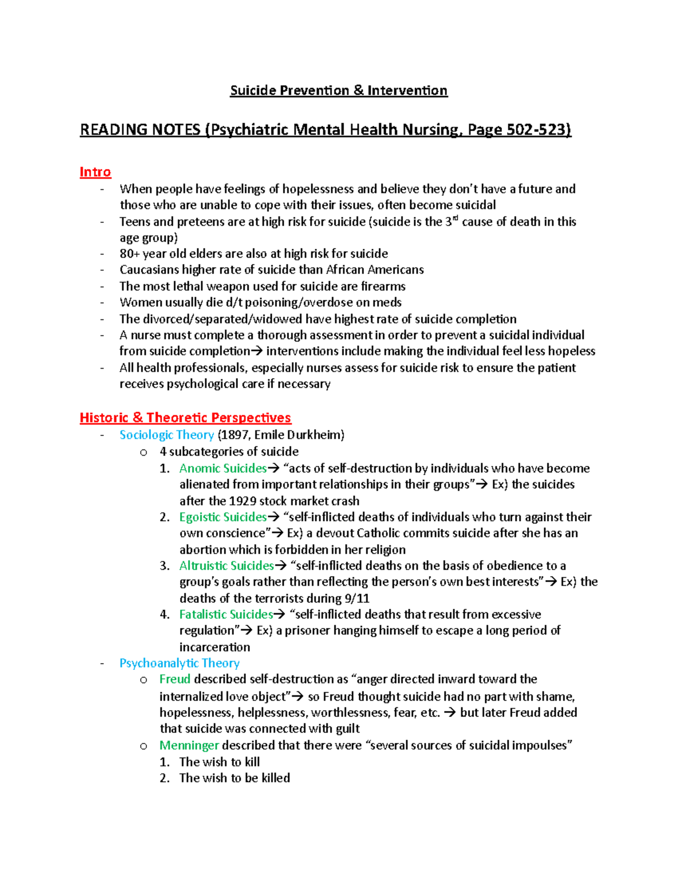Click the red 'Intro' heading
(x=95, y=172)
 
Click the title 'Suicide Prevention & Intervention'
(x=338, y=90)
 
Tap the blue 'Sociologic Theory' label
(x=167, y=435)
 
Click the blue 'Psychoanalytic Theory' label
(x=179, y=663)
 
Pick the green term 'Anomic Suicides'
(x=223, y=468)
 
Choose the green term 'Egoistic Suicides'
(x=223, y=517)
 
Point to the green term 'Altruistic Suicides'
(x=227, y=565)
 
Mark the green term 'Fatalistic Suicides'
(x=226, y=614)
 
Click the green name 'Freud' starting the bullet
(x=175, y=679)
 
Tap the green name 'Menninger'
(x=189, y=745)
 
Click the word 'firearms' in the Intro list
(x=383, y=286)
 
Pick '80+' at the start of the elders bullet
(x=129, y=253)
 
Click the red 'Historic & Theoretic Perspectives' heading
(x=185, y=418)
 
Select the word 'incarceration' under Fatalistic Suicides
(x=215, y=647)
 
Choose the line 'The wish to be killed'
(x=234, y=778)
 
